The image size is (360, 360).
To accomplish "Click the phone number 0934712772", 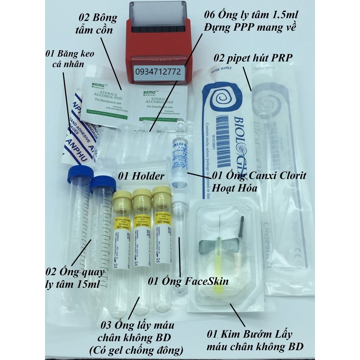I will coord(158,72).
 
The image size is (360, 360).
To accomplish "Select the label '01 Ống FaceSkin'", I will coord(188,281).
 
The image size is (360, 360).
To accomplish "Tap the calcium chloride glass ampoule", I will coord(180,155).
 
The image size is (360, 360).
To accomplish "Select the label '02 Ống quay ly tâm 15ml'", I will coord(75,278).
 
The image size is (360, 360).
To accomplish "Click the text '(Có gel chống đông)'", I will coord(142,350).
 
